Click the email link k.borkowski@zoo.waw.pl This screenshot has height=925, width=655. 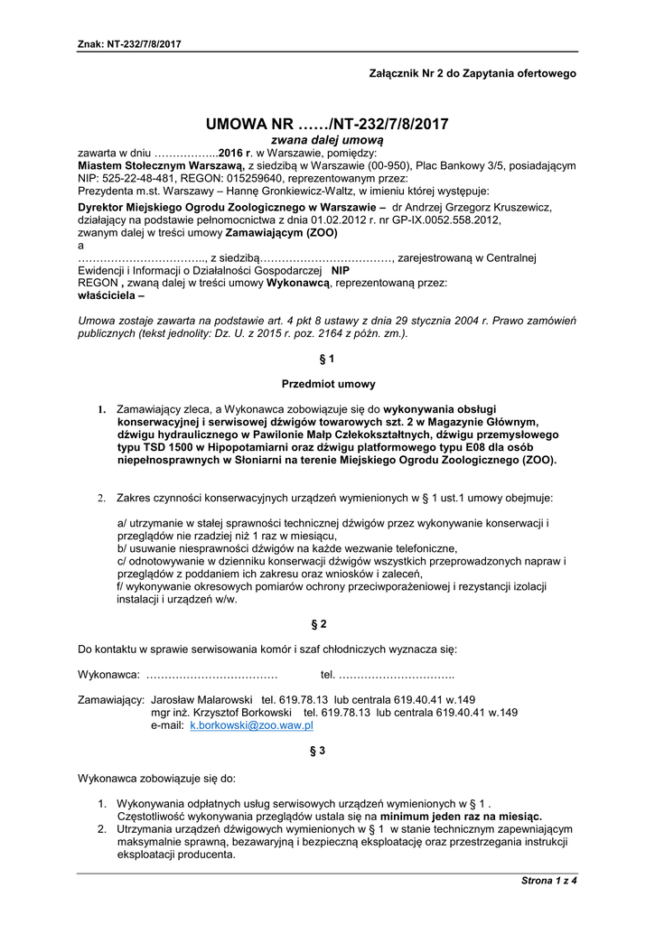pos(251,725)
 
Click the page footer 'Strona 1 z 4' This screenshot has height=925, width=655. pos(548,880)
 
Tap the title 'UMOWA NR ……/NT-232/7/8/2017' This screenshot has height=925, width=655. pos(327,124)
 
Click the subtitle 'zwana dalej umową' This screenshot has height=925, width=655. pos(327,141)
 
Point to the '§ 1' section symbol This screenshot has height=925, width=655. pos(327,359)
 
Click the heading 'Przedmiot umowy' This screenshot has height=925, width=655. pos(328,384)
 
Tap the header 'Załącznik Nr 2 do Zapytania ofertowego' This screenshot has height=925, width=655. pos(473,72)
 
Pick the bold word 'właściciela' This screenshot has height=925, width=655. pos(108,295)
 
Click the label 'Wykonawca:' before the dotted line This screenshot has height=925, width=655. pos(108,675)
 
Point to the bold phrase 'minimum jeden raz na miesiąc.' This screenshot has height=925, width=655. pos(461,816)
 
